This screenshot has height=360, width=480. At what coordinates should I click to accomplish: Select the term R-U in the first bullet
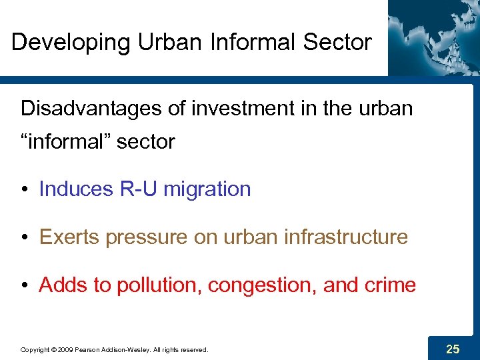pos(138,189)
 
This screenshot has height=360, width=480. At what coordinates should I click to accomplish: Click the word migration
pos(207,189)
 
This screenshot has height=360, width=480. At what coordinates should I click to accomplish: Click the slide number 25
pos(453,348)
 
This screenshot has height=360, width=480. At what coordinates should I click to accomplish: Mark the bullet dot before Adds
pos(25,286)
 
